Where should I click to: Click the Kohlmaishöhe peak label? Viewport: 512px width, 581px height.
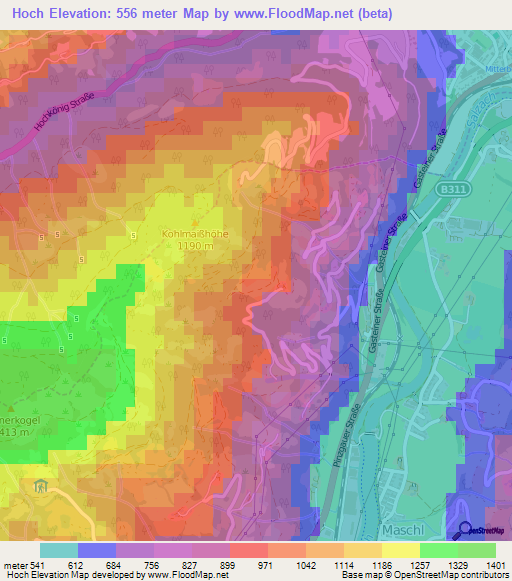195,234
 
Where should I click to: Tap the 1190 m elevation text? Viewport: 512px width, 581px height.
195,246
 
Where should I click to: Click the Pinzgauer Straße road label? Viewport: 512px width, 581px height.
353,435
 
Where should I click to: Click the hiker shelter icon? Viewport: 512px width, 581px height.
41,486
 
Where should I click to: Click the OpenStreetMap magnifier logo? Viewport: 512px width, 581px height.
466,530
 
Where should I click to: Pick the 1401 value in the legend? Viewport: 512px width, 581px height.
496,565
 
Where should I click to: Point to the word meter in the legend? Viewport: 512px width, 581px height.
12,565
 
